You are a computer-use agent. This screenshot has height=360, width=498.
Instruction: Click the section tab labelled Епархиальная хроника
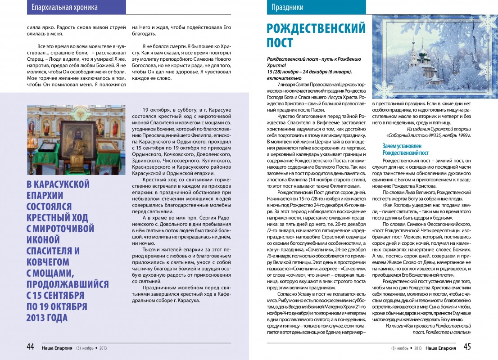point(65,8)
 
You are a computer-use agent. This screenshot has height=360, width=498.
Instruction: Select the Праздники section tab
point(287,8)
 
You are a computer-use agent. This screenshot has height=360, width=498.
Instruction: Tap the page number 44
point(31,347)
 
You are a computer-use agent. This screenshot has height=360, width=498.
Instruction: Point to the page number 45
point(467,347)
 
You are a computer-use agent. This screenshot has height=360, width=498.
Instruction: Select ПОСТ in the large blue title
point(280,44)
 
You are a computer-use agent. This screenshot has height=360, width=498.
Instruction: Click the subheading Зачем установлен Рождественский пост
point(406,149)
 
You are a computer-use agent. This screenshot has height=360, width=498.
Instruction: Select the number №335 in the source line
point(432,135)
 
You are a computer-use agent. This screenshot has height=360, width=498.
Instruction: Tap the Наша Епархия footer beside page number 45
point(440,347)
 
